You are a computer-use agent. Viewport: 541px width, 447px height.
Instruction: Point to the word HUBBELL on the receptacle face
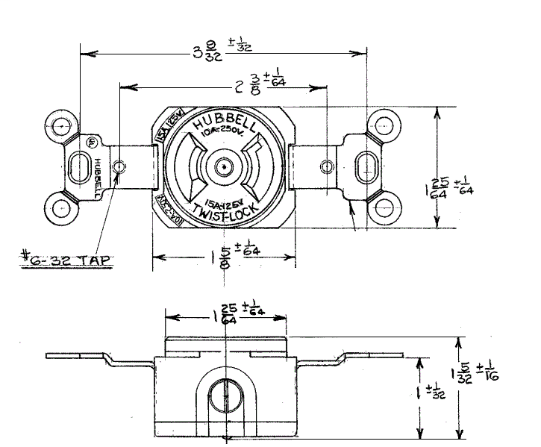click(x=224, y=126)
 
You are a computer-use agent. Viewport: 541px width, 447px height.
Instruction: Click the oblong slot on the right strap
click(x=366, y=165)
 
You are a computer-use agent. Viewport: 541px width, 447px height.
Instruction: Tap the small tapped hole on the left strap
click(x=119, y=165)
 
